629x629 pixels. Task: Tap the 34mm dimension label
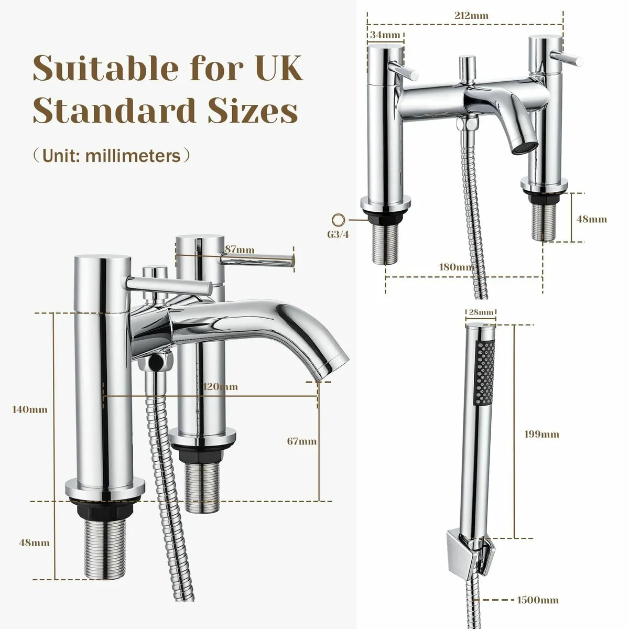tap(385, 35)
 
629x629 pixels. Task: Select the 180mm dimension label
tap(456, 267)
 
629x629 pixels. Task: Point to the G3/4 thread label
tap(337, 235)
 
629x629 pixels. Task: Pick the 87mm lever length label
tap(238, 250)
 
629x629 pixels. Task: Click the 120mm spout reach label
tap(220, 387)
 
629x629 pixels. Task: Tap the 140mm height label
tap(29, 409)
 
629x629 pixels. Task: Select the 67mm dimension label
tap(301, 441)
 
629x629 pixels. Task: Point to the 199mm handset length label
tap(541, 434)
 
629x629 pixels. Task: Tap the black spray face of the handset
tap(485, 372)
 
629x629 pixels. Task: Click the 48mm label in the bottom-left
tap(34, 543)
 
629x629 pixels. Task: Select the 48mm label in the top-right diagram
tap(591, 219)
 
